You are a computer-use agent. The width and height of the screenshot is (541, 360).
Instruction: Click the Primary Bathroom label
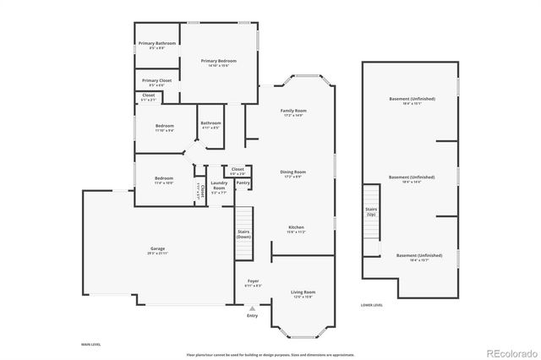(157, 43)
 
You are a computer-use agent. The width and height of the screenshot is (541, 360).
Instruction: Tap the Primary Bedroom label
(218, 61)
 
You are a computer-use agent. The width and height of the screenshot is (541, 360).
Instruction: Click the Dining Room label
(293, 172)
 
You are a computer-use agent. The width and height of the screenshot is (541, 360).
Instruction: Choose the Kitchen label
(296, 227)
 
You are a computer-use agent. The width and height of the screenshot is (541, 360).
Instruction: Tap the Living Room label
(303, 292)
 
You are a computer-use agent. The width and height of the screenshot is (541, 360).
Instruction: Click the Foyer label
(253, 281)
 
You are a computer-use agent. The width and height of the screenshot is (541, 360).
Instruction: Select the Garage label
(158, 248)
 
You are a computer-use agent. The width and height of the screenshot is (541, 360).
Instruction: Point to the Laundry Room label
(219, 185)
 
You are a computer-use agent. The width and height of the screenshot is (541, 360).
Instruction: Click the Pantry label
(243, 183)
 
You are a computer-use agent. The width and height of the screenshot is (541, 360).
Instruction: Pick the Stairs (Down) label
(243, 234)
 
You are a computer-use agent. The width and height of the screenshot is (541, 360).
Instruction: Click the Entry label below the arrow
(252, 316)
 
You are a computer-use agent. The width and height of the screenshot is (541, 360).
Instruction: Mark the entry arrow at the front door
(252, 308)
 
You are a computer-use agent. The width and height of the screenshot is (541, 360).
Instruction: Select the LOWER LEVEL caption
(372, 304)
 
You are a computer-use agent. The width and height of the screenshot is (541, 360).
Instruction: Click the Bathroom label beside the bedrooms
(210, 123)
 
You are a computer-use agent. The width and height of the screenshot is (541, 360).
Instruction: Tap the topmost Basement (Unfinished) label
(412, 99)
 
